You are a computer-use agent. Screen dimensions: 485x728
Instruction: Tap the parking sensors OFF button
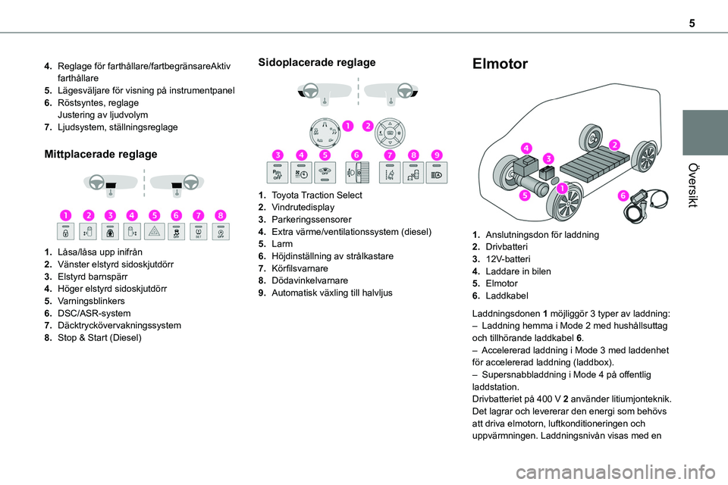tap(280, 173)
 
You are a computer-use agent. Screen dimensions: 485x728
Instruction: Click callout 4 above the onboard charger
tap(526, 147)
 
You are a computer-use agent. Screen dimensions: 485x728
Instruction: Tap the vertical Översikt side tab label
tap(705, 185)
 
